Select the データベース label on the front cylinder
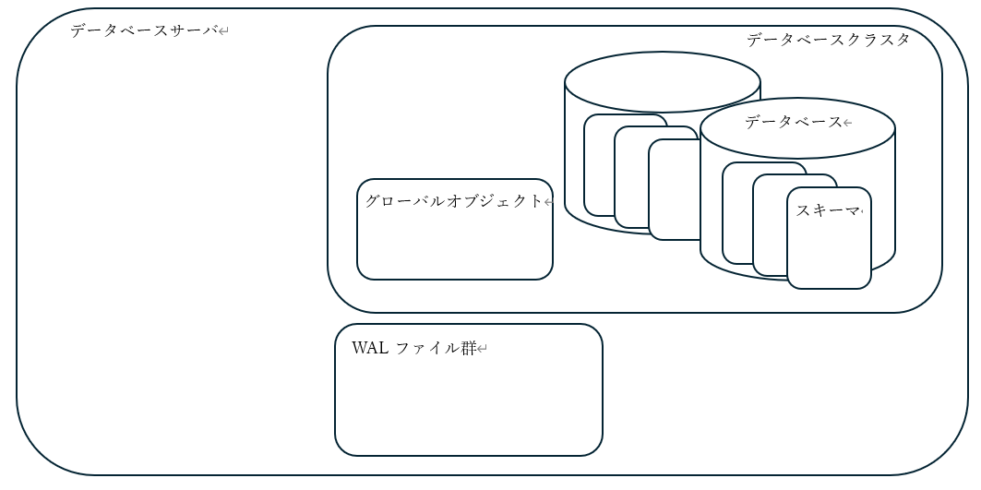click(793, 122)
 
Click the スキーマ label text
click(827, 210)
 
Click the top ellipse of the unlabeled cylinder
click(662, 81)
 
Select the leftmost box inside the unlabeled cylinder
click(599, 166)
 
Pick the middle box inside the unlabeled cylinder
click(631, 180)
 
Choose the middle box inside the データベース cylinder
click(769, 226)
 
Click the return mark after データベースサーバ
click(223, 32)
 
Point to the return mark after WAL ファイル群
click(482, 350)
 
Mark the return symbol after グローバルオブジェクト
click(547, 202)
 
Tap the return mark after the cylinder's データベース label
click(847, 123)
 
